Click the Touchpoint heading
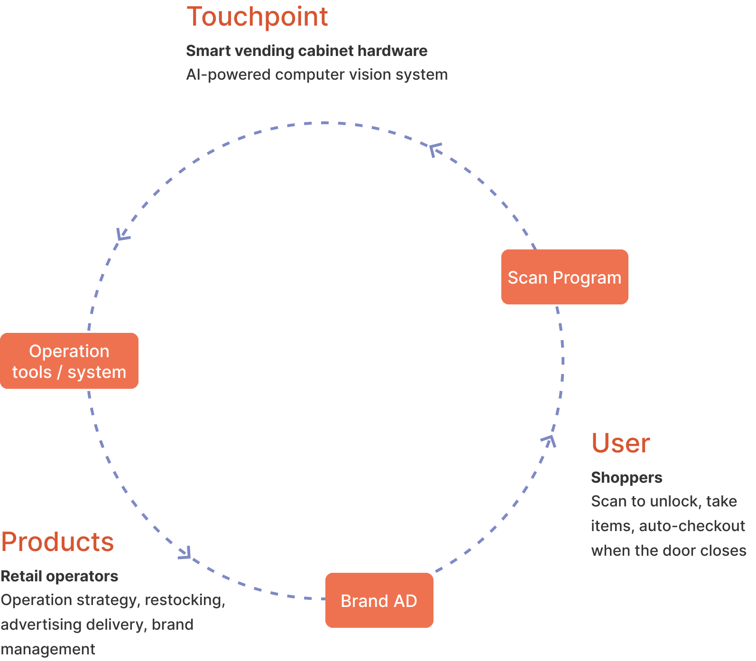point(257,17)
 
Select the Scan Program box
point(564,277)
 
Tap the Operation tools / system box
point(69,361)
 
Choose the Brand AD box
point(379,600)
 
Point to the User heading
point(620,444)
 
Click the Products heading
point(57,542)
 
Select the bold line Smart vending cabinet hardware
point(306,51)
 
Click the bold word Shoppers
point(627,477)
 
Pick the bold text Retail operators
point(59,576)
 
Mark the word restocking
point(184,600)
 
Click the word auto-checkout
point(691,526)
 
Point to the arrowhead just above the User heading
point(549,441)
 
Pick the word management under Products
point(48,649)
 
